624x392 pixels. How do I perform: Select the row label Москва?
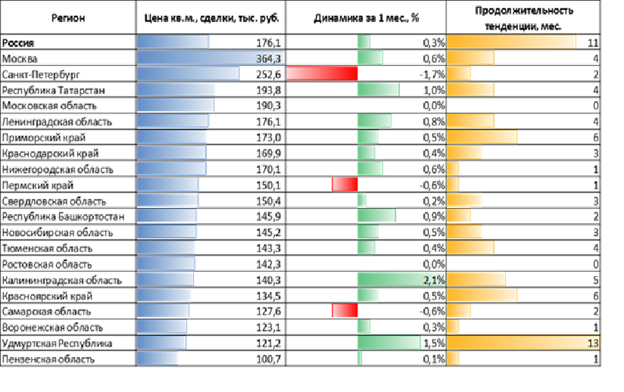pos(19,59)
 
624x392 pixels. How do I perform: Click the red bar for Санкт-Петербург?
pos(322,74)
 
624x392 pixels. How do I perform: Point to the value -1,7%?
pos(432,74)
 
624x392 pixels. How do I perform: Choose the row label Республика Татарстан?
pos(53,90)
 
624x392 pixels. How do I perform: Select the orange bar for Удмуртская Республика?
pos(523,343)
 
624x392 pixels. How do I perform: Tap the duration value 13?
pos(593,343)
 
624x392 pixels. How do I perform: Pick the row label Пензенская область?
pos(48,360)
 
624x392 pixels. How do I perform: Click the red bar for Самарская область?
pos(345,312)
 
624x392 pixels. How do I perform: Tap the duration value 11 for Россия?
pos(593,43)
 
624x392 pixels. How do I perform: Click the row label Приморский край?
pos(43,138)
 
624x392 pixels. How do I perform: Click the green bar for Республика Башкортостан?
pos(377,217)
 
